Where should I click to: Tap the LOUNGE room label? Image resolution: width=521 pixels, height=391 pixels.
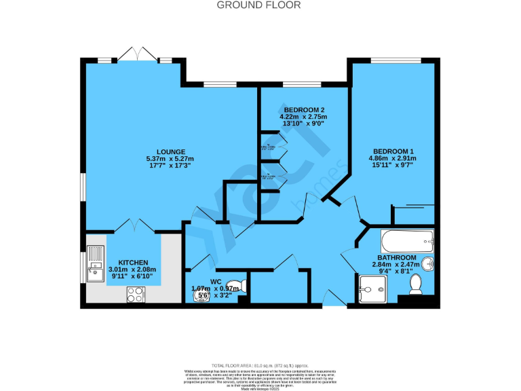[x=170, y=151]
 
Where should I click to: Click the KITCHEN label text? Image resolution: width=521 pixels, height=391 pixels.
[x=133, y=262]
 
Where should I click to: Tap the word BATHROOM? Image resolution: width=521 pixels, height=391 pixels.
[x=397, y=258]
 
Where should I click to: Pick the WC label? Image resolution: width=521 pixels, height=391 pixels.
[x=216, y=280]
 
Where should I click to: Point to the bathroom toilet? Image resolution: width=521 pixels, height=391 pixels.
[x=415, y=284]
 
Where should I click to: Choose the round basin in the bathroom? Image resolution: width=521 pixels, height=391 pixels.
[x=427, y=263]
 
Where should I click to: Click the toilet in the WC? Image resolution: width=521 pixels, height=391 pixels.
[x=233, y=286]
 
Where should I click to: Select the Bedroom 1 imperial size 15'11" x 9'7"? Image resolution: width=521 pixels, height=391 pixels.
[x=393, y=166]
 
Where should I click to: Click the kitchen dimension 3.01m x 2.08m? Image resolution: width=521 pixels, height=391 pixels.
[x=133, y=269]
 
